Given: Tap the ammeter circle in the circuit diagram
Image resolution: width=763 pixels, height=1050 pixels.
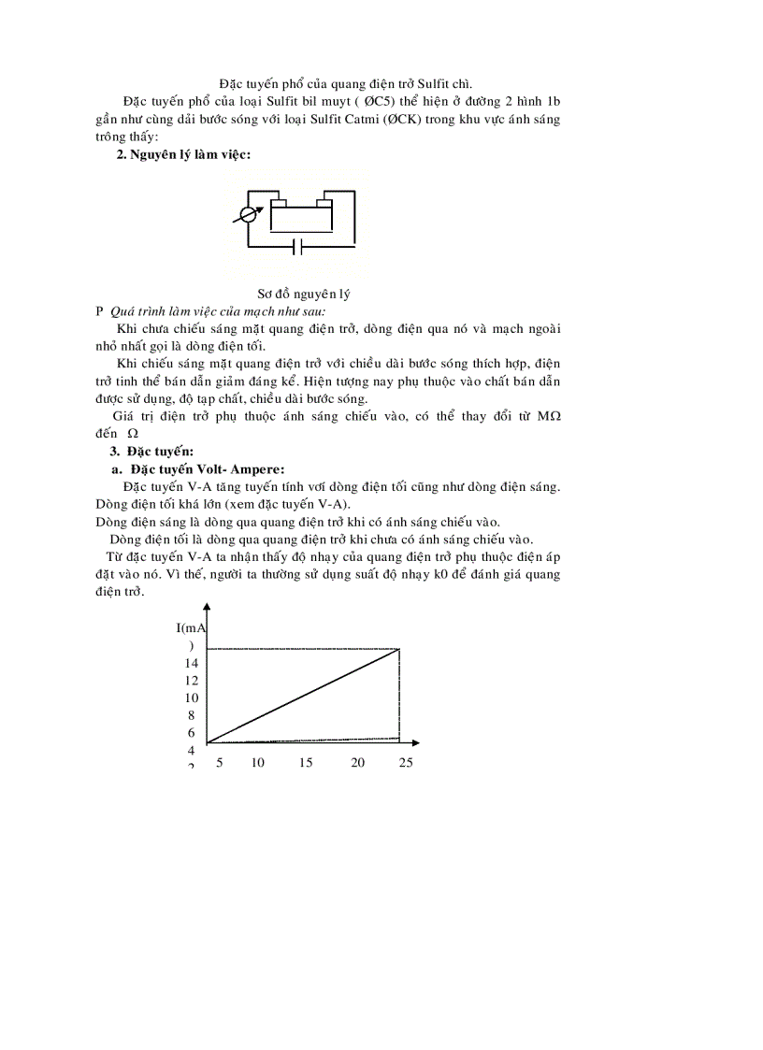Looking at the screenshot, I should [248, 214].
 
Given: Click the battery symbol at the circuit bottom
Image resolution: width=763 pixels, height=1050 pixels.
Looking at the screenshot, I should [297, 247].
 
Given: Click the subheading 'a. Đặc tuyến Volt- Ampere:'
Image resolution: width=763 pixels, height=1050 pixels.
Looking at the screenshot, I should [198, 468].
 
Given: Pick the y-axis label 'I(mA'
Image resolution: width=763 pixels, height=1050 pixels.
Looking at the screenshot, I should [191, 628].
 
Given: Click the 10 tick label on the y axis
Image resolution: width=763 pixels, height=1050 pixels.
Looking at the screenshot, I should [191, 698].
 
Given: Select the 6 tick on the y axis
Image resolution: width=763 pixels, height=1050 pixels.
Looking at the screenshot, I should [191, 733].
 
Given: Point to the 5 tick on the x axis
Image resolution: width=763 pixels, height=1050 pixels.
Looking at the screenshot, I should [220, 763].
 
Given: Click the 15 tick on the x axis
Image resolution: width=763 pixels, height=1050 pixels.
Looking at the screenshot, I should [306, 763].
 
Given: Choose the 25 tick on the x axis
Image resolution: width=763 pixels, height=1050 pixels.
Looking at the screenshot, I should [405, 763].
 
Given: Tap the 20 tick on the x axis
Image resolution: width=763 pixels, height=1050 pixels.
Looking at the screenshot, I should [357, 763].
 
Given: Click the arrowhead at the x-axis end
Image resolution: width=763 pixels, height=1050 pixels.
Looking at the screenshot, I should [414, 743].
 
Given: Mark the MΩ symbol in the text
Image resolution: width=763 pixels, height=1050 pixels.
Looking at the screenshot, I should [550, 416].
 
